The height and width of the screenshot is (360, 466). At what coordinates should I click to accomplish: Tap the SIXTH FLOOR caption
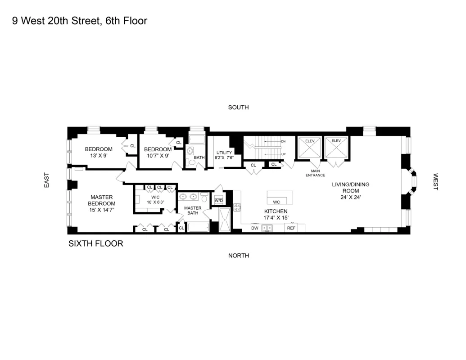[95, 244]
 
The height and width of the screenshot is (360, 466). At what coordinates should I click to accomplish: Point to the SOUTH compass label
[238, 108]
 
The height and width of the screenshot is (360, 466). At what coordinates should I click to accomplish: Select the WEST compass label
[435, 182]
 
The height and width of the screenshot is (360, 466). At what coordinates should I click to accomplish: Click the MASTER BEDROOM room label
[101, 200]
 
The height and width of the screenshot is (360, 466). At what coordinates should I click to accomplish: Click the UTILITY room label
[224, 153]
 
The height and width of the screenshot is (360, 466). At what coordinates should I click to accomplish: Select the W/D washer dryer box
[219, 200]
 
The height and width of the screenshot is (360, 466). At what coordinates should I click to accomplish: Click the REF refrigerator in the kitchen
[291, 228]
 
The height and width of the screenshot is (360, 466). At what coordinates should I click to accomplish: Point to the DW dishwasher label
[255, 228]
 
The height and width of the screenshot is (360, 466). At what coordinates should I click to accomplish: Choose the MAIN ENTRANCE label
[315, 173]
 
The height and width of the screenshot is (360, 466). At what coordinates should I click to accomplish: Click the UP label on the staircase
[283, 154]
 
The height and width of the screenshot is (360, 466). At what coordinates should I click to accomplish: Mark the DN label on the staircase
[283, 141]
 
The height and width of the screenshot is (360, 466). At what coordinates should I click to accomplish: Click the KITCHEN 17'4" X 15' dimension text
[276, 218]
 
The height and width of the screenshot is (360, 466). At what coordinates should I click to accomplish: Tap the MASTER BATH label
[193, 210]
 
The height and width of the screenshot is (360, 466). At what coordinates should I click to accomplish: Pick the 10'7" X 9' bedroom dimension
[158, 156]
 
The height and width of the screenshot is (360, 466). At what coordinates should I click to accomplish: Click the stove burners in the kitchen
[237, 207]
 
